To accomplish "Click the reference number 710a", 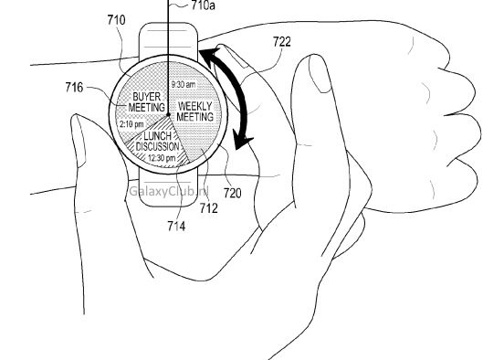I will [x=206, y=5].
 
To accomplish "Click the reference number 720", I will [x=232, y=193].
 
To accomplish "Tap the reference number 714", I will [x=174, y=226].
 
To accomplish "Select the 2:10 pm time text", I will [x=131, y=124].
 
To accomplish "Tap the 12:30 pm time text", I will [x=160, y=158].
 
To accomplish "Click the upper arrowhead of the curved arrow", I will [x=208, y=54].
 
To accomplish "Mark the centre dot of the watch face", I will [x=168, y=113].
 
